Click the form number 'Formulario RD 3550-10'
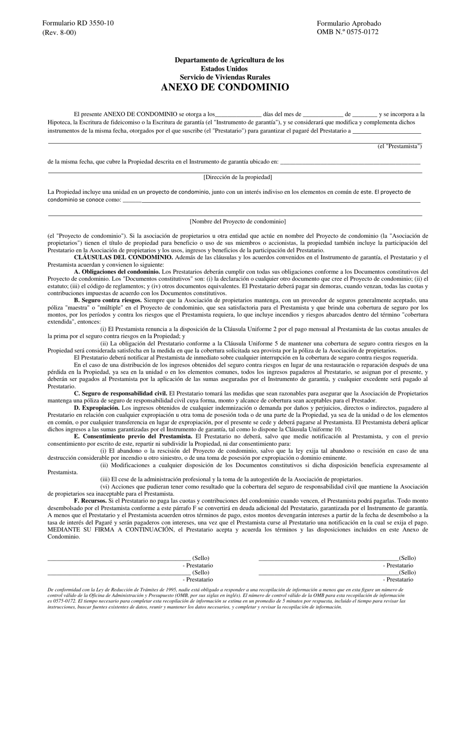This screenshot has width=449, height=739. (x=78, y=23)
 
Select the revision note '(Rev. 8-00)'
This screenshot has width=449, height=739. (x=59, y=32)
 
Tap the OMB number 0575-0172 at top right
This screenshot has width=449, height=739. (x=347, y=32)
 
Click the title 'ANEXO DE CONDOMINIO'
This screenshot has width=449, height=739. (x=225, y=87)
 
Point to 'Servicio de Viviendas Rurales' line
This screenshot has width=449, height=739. (x=225, y=77)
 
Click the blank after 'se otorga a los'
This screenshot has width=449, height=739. (x=238, y=114)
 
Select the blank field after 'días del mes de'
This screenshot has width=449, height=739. (x=323, y=114)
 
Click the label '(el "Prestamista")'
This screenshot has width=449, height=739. (x=399, y=146)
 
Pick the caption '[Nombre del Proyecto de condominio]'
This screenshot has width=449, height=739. (x=238, y=221)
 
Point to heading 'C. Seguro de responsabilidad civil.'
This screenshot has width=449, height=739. (x=121, y=393)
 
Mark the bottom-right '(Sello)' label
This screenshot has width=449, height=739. (x=407, y=573)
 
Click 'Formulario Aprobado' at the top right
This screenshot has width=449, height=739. (x=349, y=23)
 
